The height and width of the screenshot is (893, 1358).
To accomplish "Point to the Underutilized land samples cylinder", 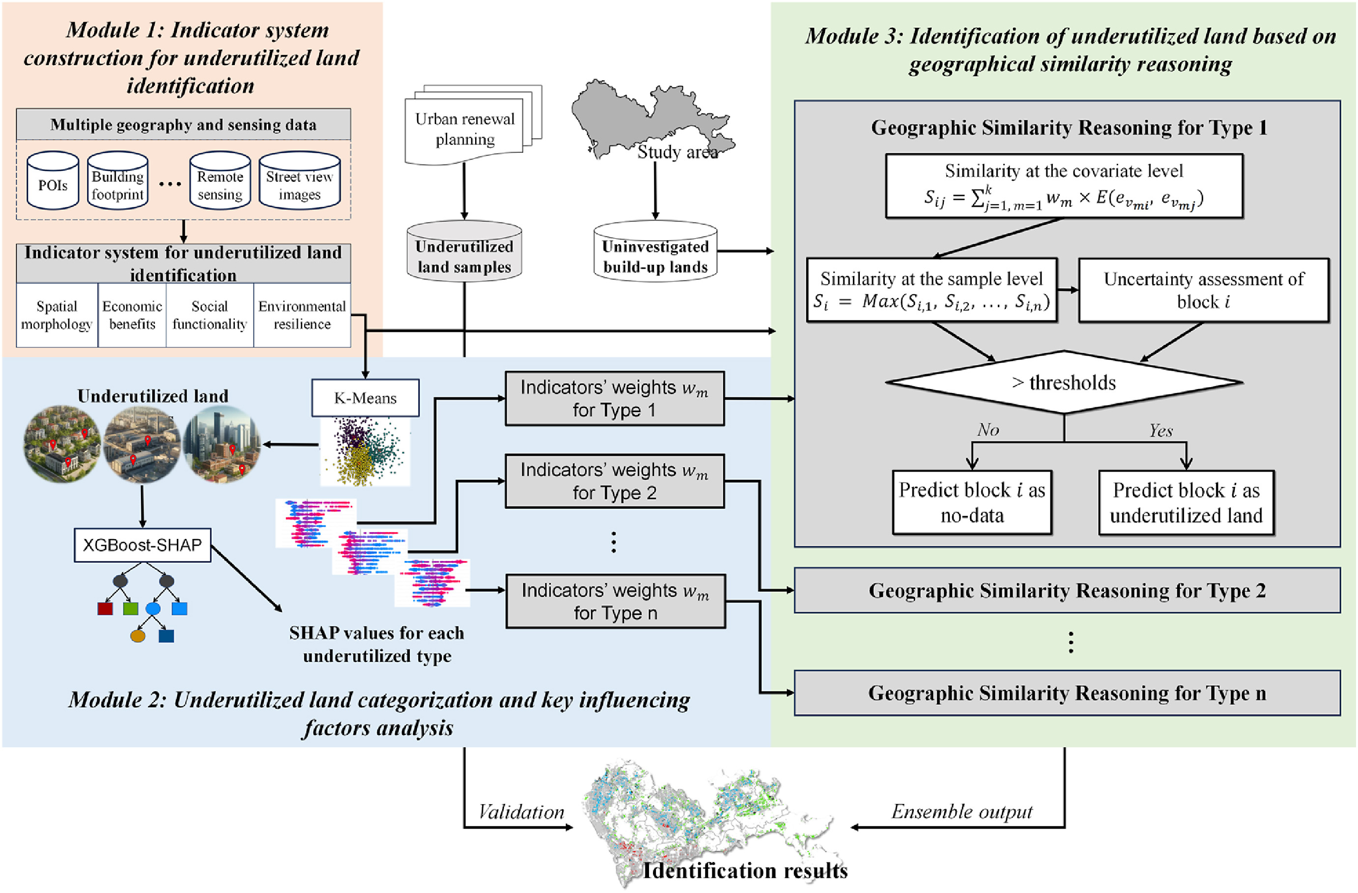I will pos(464,252).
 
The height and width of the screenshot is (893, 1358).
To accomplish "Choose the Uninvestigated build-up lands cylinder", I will pos(655,252).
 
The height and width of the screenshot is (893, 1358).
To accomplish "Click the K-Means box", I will pos(365,398).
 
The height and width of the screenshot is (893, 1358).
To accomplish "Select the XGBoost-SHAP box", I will pos(142,545).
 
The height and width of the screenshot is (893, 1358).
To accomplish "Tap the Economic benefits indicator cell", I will pos(132,315).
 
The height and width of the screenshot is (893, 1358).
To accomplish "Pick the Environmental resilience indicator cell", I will pos(302,315).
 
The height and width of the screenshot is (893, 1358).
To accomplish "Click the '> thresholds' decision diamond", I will pos(1064,382).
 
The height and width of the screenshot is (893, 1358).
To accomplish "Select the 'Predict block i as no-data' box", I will pos(972,502).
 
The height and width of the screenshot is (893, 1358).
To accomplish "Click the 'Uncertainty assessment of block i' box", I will pos(1203,290).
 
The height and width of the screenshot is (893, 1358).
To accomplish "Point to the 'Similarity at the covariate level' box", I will pos(1064,186).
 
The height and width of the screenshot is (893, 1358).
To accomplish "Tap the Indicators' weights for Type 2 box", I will pos(615,480).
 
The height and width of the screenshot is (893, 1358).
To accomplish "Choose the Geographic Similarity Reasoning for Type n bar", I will pos(1067,693).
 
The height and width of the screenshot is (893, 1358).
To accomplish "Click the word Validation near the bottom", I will pos(521,812).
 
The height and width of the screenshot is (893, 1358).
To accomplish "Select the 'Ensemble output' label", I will pos(962,811).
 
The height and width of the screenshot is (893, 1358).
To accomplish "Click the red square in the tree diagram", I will pos(105,608).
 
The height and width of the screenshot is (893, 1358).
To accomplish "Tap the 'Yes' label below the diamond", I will pos(1160,430).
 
